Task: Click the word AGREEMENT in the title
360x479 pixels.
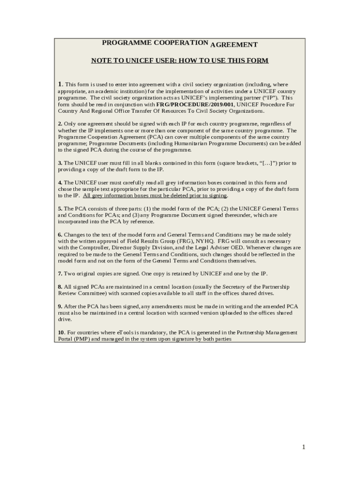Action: [x=234, y=45]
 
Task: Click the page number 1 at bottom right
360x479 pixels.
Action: [x=303, y=447]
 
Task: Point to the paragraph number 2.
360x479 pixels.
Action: [x=60, y=123]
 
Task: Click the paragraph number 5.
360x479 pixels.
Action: [x=60, y=209]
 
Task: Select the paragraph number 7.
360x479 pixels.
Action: [x=60, y=274]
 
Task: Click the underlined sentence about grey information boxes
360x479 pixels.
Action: [x=155, y=196]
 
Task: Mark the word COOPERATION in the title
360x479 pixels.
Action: [x=180, y=43]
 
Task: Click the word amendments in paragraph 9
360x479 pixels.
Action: [x=135, y=306]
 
